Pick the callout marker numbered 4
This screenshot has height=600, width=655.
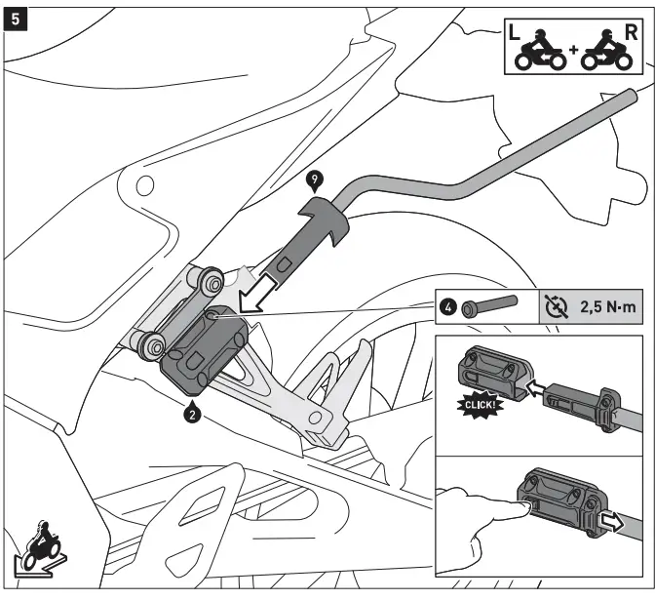click(447, 309)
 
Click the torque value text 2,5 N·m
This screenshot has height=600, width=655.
click(605, 309)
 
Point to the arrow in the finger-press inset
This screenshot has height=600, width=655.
click(612, 522)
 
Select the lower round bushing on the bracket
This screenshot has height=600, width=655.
click(152, 343)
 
